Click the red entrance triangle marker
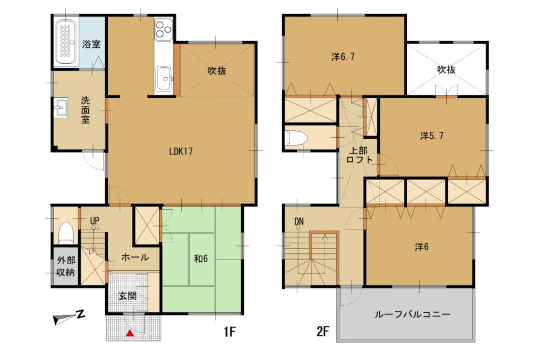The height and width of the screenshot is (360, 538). point(130,333)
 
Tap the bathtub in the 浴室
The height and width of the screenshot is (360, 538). point(67,42)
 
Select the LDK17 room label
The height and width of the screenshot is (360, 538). point(181,151)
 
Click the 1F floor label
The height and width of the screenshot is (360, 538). point(230,332)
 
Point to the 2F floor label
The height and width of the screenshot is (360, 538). point(323,332)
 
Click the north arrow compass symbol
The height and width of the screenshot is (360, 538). point(69,317)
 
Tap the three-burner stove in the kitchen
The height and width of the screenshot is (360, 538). point(163,29)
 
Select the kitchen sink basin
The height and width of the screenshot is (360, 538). point(164,79)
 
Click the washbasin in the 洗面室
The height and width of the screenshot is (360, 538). point(61,108)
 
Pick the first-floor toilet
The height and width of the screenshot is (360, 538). point(66,233)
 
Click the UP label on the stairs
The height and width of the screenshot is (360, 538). point(95,221)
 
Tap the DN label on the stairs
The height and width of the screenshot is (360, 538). point(299,222)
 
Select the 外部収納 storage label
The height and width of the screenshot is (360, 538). point(66,266)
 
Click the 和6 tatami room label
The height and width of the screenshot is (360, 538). point(201,259)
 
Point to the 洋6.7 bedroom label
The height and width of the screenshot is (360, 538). point(343,57)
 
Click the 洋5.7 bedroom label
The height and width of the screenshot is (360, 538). point(432,136)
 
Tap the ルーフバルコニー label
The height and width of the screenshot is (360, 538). point(412,314)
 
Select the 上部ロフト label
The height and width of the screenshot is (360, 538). point(359,155)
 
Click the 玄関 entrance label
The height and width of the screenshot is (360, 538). point(128,295)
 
